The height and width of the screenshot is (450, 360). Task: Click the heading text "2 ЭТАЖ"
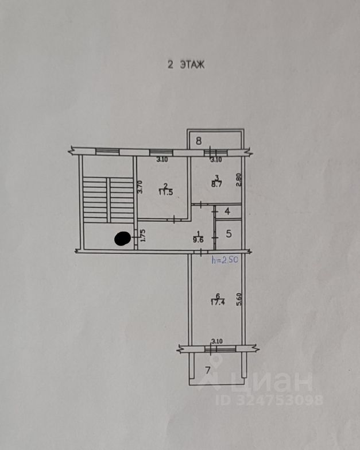click(185, 65)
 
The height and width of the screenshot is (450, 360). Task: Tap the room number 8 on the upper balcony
click(199, 140)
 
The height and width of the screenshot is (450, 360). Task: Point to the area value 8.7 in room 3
click(216, 185)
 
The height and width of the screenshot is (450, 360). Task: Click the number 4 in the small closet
click(227, 211)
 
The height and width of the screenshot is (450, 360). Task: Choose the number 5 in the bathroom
click(228, 234)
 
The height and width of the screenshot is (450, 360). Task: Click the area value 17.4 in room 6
click(217, 302)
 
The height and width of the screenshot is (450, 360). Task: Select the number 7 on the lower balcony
click(208, 369)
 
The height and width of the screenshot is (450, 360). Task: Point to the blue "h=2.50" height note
click(226, 260)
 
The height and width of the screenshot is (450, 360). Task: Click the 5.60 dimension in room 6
click(239, 299)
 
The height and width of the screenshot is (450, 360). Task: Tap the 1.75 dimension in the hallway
click(142, 235)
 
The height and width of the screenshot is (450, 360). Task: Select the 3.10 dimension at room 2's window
click(162, 159)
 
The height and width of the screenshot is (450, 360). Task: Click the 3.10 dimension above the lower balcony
click(216, 342)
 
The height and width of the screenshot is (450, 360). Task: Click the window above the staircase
click(107, 152)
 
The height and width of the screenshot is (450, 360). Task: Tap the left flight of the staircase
click(95, 198)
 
